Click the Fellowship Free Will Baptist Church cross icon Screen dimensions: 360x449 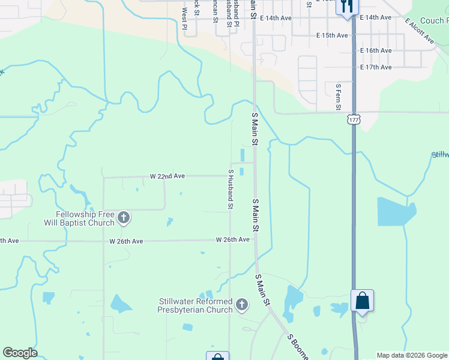click(x=124, y=217)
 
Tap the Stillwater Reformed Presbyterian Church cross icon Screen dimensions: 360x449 click(x=242, y=305)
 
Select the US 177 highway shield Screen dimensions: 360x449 click(x=354, y=119)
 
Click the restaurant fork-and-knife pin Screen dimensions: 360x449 click(x=347, y=7)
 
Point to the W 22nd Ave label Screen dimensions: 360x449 click(x=167, y=176)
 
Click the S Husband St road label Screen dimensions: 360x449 click(x=231, y=188)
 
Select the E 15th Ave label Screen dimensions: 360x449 click(x=332, y=35)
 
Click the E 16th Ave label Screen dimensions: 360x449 click(x=376, y=51)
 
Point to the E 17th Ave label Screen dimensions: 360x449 click(x=376, y=67)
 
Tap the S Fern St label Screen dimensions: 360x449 click(x=339, y=97)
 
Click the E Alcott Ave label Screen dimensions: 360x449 click(x=419, y=31)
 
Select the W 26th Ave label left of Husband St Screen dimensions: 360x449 click(x=126, y=241)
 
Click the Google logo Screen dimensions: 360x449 click(x=20, y=353)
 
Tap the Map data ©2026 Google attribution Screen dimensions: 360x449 click(x=412, y=355)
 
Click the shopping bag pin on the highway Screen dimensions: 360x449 click(x=363, y=301)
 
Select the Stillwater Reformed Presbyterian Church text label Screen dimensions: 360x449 click(x=195, y=305)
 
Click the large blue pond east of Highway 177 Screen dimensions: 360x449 click(x=396, y=211)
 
